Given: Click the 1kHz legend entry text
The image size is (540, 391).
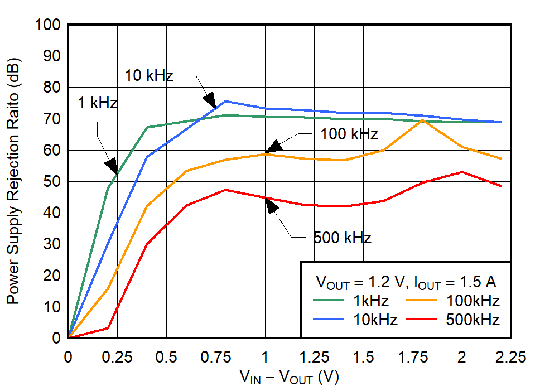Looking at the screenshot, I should (371, 301).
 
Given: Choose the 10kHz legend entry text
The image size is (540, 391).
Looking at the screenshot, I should (375, 320).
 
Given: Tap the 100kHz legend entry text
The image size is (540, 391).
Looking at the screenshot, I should (472, 301).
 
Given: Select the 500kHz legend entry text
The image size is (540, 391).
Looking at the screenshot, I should (472, 320).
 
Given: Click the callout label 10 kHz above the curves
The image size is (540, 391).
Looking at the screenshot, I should (149, 76).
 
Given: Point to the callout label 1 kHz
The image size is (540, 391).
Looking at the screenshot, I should (97, 103).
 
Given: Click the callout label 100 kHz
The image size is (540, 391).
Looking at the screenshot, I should (349, 134).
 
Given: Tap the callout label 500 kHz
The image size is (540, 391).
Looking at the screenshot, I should (342, 238).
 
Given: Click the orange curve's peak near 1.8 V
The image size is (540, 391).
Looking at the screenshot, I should (422, 120).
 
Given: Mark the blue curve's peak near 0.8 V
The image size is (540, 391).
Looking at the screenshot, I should (225, 102).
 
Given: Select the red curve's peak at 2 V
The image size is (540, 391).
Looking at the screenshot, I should (462, 172).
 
